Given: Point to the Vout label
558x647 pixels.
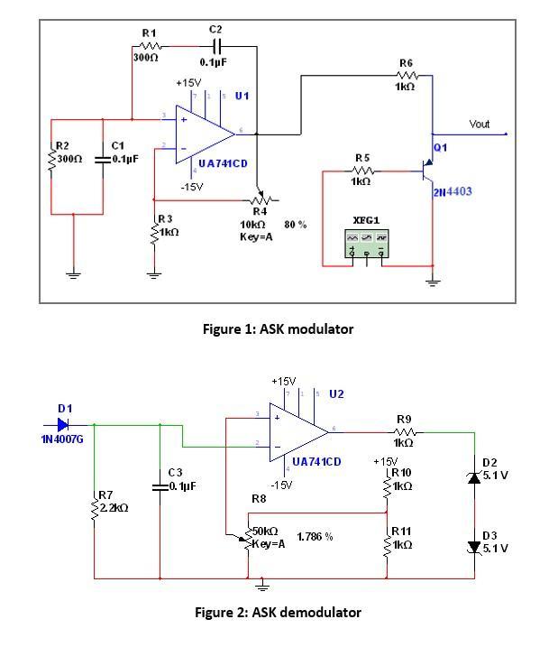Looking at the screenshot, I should pyautogui.click(x=479, y=124).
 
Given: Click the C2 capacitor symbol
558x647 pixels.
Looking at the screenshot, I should pyautogui.click(x=215, y=46).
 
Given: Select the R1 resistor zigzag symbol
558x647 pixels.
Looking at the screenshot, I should pyautogui.click(x=149, y=46).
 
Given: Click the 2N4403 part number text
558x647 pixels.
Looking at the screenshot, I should pyautogui.click(x=452, y=192).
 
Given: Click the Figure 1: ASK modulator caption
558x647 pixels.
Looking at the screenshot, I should pyautogui.click(x=278, y=329).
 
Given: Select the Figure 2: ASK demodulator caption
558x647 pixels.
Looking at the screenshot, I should pyautogui.click(x=278, y=613).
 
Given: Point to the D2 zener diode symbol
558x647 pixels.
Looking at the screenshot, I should pyautogui.click(x=475, y=476).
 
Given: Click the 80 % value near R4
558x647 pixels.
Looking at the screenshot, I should pyautogui.click(x=296, y=225).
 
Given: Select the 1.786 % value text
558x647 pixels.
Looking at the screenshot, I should pyautogui.click(x=315, y=537).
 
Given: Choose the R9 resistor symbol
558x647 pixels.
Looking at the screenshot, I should pyautogui.click(x=403, y=432).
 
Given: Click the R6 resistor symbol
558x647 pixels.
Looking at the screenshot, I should pyautogui.click(x=406, y=76).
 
